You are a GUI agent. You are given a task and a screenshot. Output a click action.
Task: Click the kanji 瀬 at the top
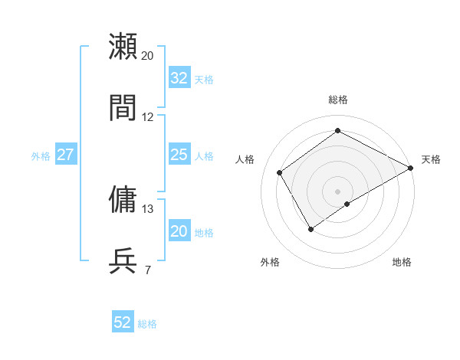123,47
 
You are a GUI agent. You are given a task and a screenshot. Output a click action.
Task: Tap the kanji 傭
123,199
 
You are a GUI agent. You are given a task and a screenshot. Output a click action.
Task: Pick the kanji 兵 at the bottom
123,260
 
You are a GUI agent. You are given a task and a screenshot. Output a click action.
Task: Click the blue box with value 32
179,78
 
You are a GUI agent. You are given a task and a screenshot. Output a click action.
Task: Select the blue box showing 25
179,155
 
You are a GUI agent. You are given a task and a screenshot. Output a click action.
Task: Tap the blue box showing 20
179,232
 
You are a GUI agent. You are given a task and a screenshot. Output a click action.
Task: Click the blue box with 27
66,155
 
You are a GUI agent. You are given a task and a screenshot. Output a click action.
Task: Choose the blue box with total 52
123,322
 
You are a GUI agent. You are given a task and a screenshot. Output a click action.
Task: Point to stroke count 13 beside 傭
148,208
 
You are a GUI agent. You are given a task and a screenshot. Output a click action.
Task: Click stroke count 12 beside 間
148,117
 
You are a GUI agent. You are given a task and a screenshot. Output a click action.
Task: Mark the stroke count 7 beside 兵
147,270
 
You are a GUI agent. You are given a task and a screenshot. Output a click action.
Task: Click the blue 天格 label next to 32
204,80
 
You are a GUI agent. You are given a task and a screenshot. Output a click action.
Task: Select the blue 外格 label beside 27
41,156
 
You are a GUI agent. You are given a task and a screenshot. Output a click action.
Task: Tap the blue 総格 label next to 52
147,324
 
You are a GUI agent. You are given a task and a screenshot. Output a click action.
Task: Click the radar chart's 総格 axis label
337,100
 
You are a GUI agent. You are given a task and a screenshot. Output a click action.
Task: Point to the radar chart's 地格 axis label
402,262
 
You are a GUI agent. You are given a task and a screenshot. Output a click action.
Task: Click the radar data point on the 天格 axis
411,168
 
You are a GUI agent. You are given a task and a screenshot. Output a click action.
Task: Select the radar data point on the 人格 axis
280,172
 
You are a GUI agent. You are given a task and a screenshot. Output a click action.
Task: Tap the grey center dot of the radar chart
337,191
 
